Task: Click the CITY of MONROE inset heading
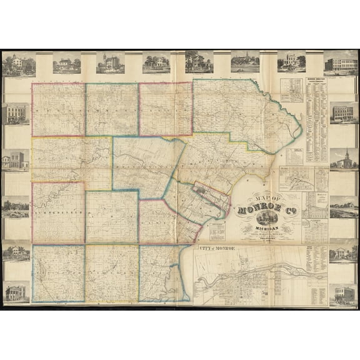[217, 249]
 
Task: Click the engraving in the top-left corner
[17, 63]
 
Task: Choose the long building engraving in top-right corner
[341, 63]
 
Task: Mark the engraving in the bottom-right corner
[342, 294]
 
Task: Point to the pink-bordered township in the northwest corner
[58, 109]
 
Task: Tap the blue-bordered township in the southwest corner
[58, 273]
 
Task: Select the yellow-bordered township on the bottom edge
[111, 273]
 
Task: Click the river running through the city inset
[262, 270]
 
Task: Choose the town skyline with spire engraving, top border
[245, 62]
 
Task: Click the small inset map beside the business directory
[291, 89]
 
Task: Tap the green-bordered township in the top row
[111, 109]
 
